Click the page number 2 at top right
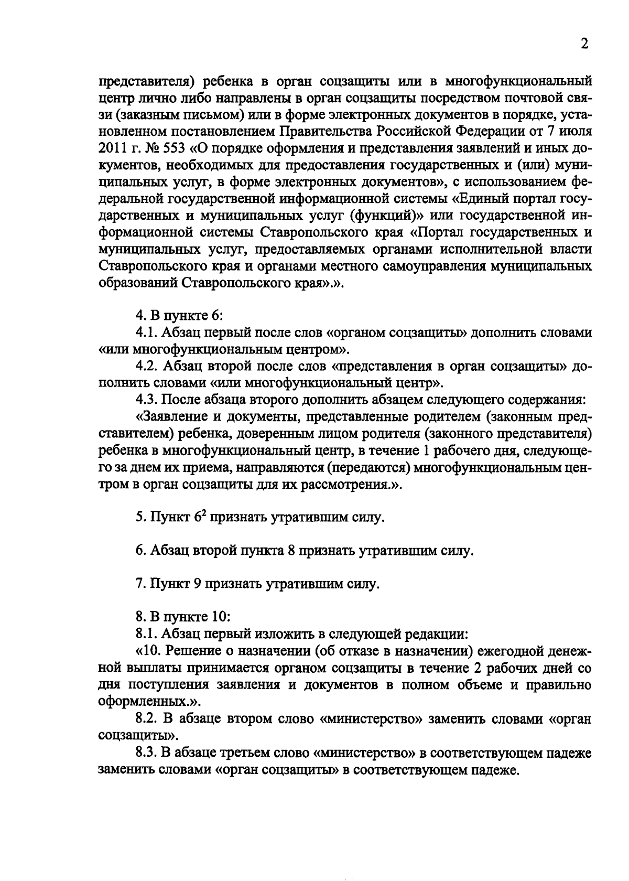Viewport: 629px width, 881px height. coord(584,44)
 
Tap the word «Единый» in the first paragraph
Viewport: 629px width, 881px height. coord(482,199)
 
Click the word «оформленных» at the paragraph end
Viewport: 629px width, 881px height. coord(142,702)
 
